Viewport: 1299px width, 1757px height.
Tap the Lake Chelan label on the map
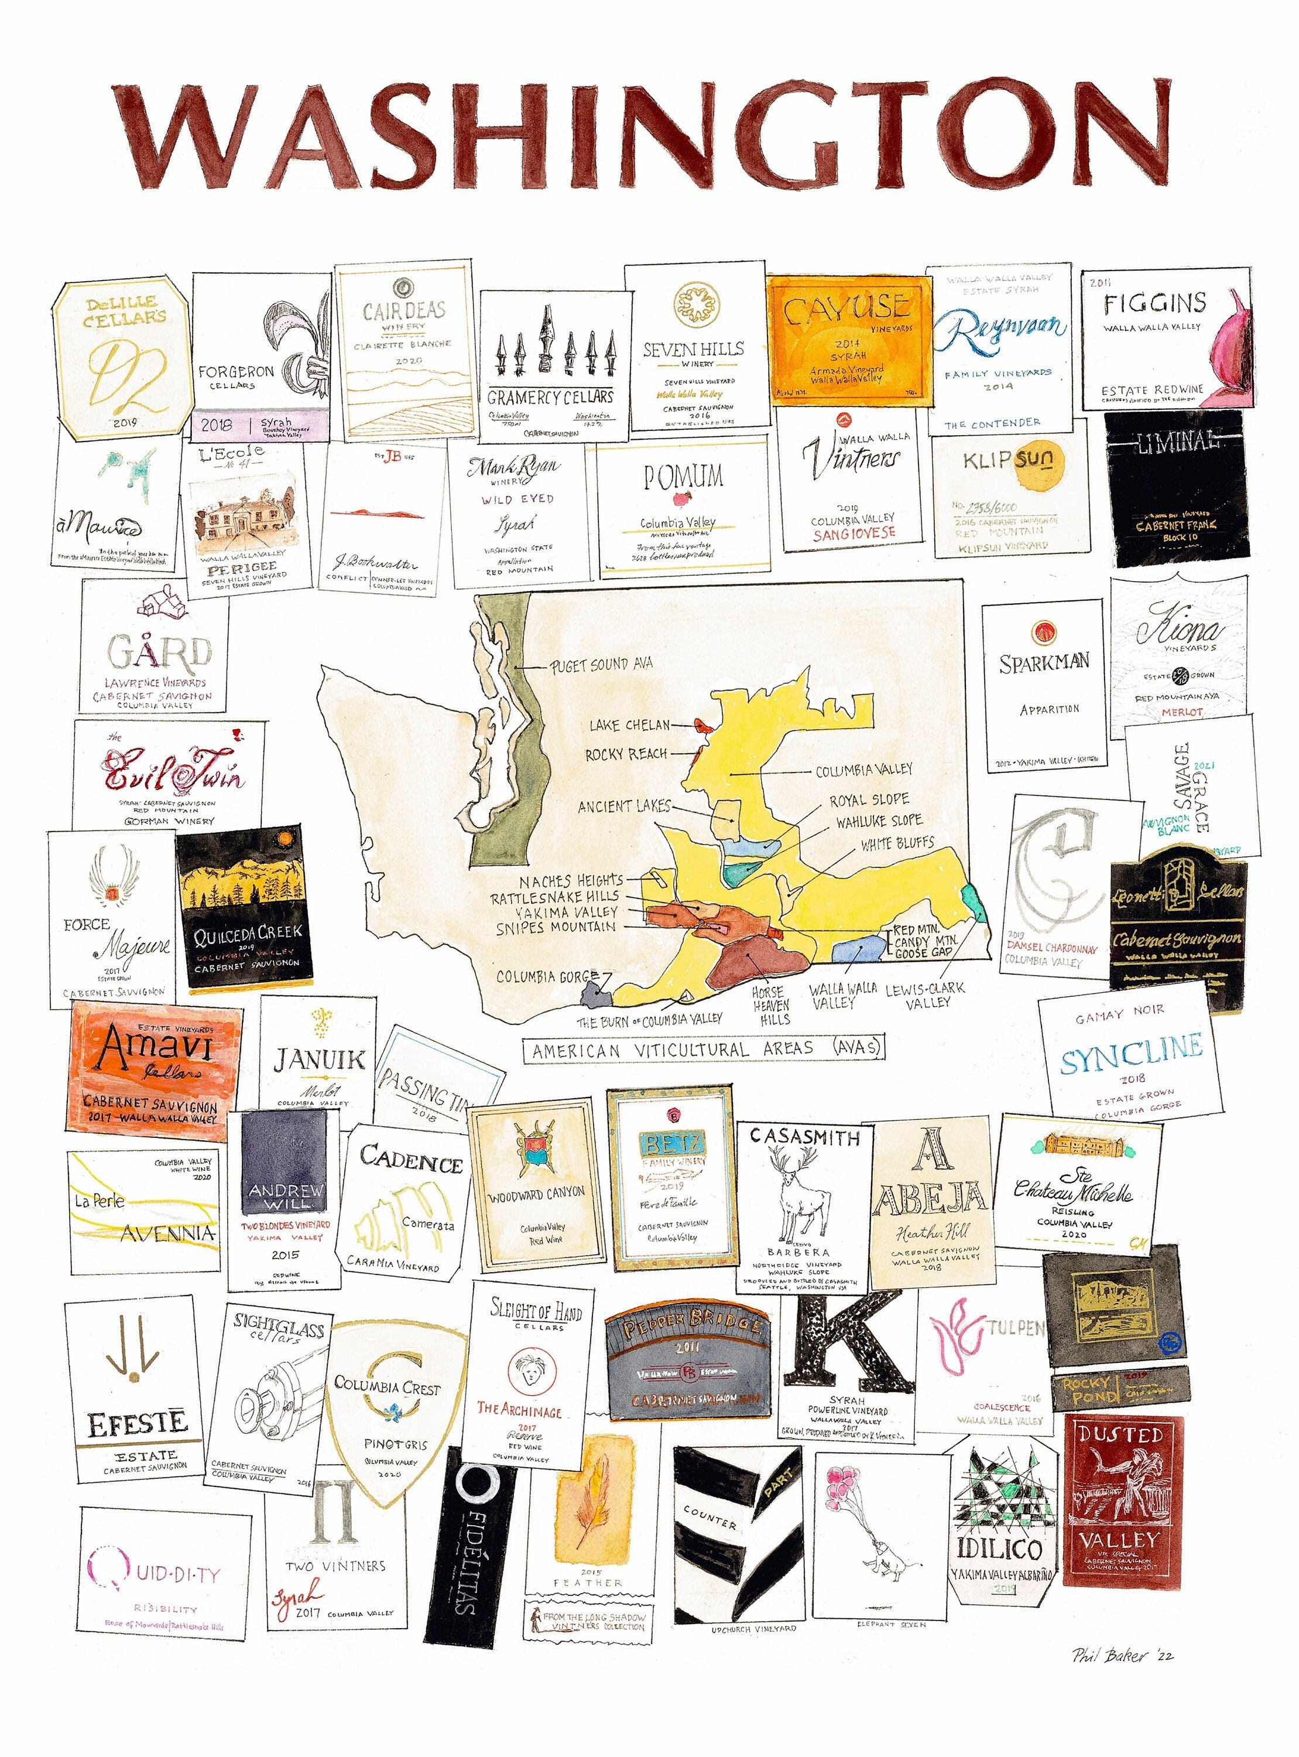click(629, 724)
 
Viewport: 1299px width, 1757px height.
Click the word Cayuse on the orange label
click(846, 309)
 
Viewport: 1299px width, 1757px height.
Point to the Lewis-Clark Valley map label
click(925, 996)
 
